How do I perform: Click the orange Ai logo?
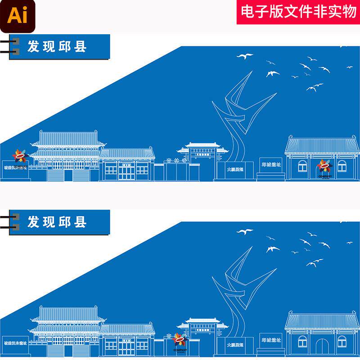point(17,17)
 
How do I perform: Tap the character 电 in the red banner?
point(247,12)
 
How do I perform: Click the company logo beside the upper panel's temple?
point(20,157)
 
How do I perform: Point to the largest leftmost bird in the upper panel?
point(245,57)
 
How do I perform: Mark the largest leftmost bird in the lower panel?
point(245,232)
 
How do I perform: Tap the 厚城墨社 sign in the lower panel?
point(271,340)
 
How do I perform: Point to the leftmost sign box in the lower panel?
point(15,342)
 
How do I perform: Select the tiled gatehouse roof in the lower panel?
point(322,320)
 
